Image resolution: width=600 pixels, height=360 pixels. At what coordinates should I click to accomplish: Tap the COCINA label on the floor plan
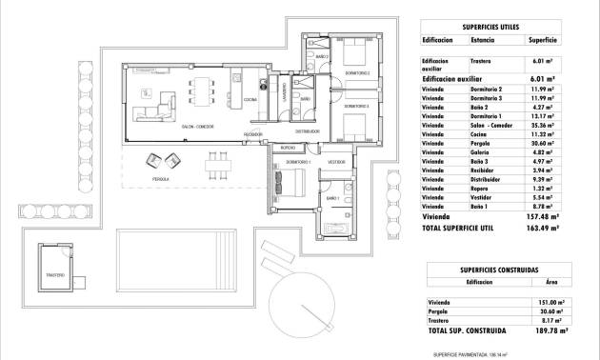click(250, 100)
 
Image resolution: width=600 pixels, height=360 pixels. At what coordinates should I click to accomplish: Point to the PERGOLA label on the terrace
click(161, 178)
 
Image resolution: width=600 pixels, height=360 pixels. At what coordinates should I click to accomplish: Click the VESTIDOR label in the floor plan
click(336, 163)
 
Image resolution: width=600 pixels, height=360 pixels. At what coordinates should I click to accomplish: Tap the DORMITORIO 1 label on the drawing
click(285, 163)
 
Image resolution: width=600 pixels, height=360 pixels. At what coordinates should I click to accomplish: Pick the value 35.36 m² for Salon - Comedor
click(543, 126)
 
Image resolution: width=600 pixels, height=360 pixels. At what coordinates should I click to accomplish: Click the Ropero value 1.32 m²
click(543, 189)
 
